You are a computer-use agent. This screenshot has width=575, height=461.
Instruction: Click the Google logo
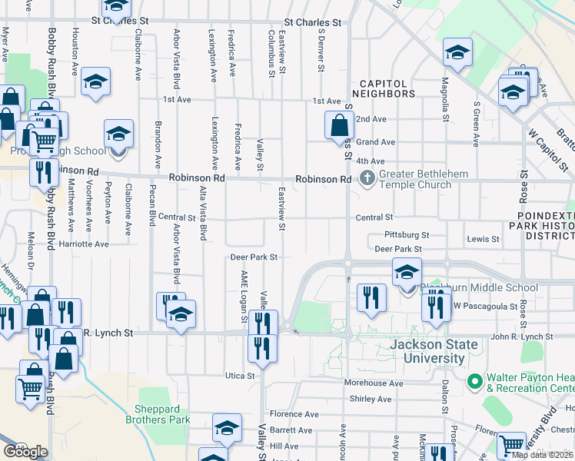[25, 452]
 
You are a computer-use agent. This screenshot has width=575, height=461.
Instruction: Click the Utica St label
[240, 376]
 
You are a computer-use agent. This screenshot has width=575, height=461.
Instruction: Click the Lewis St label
[483, 240]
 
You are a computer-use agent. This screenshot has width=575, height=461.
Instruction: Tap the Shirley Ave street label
[371, 399]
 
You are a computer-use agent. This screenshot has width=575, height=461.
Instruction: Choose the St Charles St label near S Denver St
[313, 23]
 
